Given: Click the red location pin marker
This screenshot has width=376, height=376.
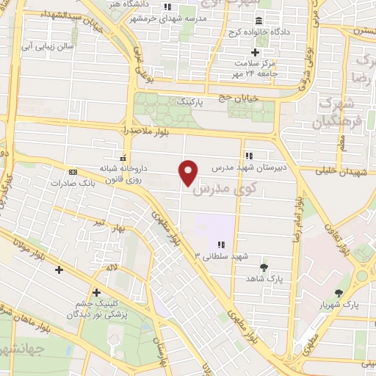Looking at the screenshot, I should [x=189, y=173].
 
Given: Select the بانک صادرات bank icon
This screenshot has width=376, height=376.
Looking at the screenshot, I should [x=72, y=172].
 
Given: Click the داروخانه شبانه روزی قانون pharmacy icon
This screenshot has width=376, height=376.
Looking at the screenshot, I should [x=123, y=158].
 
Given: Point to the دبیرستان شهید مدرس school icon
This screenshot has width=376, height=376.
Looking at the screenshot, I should [x=249, y=156].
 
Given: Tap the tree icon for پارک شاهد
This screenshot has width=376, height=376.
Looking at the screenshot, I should [x=264, y=267].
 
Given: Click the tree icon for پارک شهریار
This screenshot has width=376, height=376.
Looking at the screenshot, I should [x=339, y=292].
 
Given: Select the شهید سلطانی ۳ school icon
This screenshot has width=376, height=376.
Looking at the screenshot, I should [x=220, y=245].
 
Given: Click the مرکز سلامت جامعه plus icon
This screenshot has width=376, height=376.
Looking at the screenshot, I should [x=255, y=52].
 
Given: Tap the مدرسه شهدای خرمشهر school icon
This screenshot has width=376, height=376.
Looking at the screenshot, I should [x=167, y=7].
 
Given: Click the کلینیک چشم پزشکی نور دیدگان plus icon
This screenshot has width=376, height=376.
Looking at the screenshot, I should [x=96, y=292].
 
